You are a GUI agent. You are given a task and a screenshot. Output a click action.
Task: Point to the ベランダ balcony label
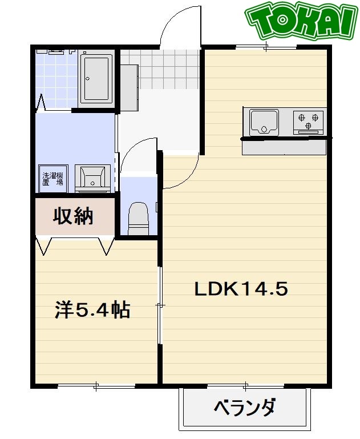coord(245,408)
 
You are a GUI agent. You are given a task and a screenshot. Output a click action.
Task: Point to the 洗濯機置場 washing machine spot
coord(52,179)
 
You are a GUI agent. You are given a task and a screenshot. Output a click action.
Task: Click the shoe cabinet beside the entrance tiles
coord(129,86)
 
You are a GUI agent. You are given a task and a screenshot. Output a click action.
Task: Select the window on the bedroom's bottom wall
coord(96,386)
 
